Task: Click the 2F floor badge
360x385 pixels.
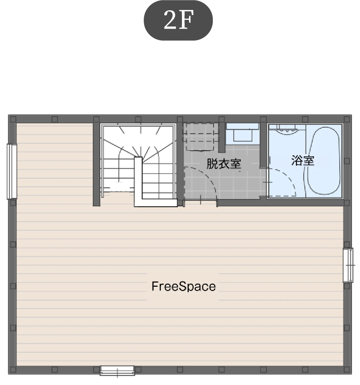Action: [x=178, y=20]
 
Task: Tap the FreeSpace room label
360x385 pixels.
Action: [x=183, y=286]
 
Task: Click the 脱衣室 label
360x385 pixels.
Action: [x=223, y=164]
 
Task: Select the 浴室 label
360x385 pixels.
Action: [x=302, y=161]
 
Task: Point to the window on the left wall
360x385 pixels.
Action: [x=12, y=171]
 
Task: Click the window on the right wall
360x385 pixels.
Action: [x=348, y=265]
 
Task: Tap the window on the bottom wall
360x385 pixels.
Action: [x=117, y=371]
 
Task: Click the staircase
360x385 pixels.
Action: [x=139, y=162]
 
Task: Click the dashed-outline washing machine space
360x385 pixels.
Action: [x=201, y=136]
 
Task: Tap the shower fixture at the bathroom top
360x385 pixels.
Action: [x=287, y=129]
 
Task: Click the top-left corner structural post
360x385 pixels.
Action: [x=13, y=119]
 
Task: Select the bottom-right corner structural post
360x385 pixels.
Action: [x=347, y=369]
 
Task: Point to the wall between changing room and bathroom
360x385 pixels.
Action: [x=263, y=145]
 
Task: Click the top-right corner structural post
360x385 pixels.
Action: [x=347, y=119]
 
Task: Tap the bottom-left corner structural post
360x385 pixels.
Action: [x=13, y=369]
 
